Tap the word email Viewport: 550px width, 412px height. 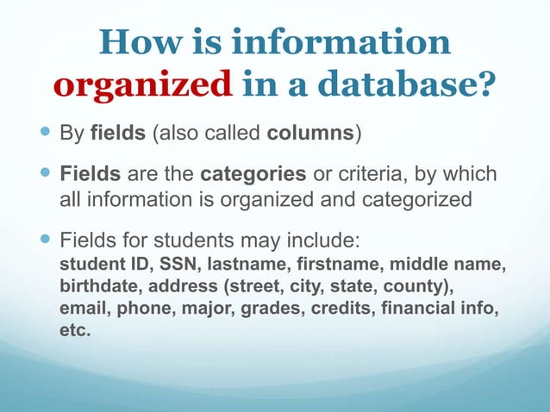pos(82,308)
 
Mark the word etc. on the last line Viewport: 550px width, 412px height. pos(74,330)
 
